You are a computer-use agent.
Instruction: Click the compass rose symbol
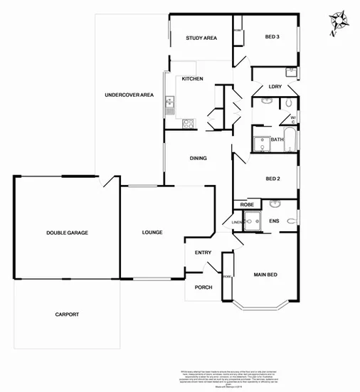[337, 23]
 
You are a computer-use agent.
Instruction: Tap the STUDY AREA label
[201, 38]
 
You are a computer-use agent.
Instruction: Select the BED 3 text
[272, 37]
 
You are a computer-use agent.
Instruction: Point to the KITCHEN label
[193, 78]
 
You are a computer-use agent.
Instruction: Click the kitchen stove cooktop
[189, 124]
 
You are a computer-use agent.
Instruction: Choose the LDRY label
[275, 87]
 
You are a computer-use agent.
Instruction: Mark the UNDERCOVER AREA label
[129, 95]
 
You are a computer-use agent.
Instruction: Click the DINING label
[198, 159]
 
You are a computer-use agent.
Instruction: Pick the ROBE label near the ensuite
[247, 205]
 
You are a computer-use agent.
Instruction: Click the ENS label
[274, 221]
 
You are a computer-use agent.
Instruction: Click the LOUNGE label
[152, 232]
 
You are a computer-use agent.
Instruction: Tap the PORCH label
[204, 287]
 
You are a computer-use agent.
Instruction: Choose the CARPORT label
[66, 314]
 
